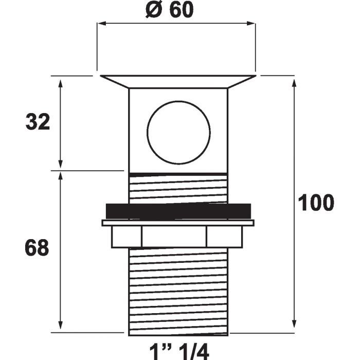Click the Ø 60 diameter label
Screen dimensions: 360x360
[169, 10]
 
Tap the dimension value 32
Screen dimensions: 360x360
[38, 122]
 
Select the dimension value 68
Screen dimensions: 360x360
[37, 248]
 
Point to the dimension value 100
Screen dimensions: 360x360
[316, 203]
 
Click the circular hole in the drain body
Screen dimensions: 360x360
[178, 133]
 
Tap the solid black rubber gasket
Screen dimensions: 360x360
[178, 211]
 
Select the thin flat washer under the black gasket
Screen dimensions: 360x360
[178, 223]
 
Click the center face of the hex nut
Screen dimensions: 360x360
[174, 237]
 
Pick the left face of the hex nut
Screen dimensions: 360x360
[127, 237]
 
